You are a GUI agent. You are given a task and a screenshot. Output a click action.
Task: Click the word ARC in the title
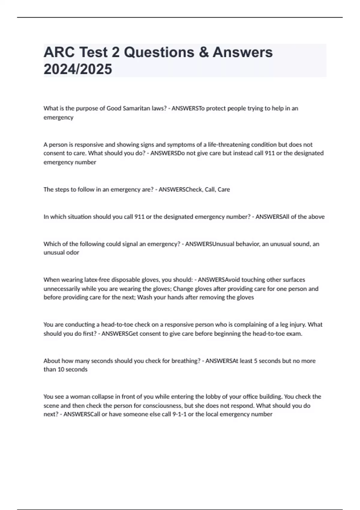[x=59, y=52]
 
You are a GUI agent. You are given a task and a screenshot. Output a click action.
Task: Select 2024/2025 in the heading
[x=78, y=69]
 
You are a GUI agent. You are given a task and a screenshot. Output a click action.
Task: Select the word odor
[x=73, y=252]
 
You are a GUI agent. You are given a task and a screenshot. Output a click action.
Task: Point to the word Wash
[x=145, y=297]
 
